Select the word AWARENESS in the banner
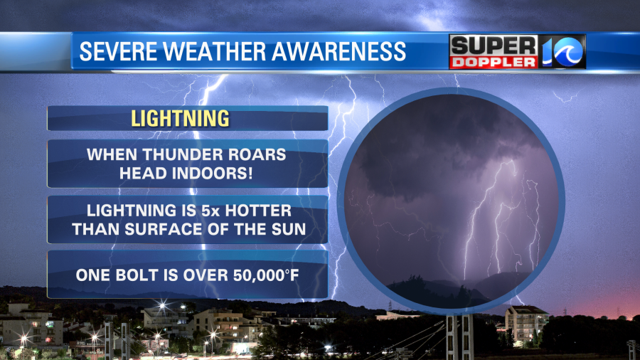tap(338, 51)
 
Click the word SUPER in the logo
tap(494, 46)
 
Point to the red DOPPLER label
tap(493, 62)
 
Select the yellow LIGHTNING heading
tap(180, 118)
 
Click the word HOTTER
tap(259, 211)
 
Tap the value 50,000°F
tap(266, 275)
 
